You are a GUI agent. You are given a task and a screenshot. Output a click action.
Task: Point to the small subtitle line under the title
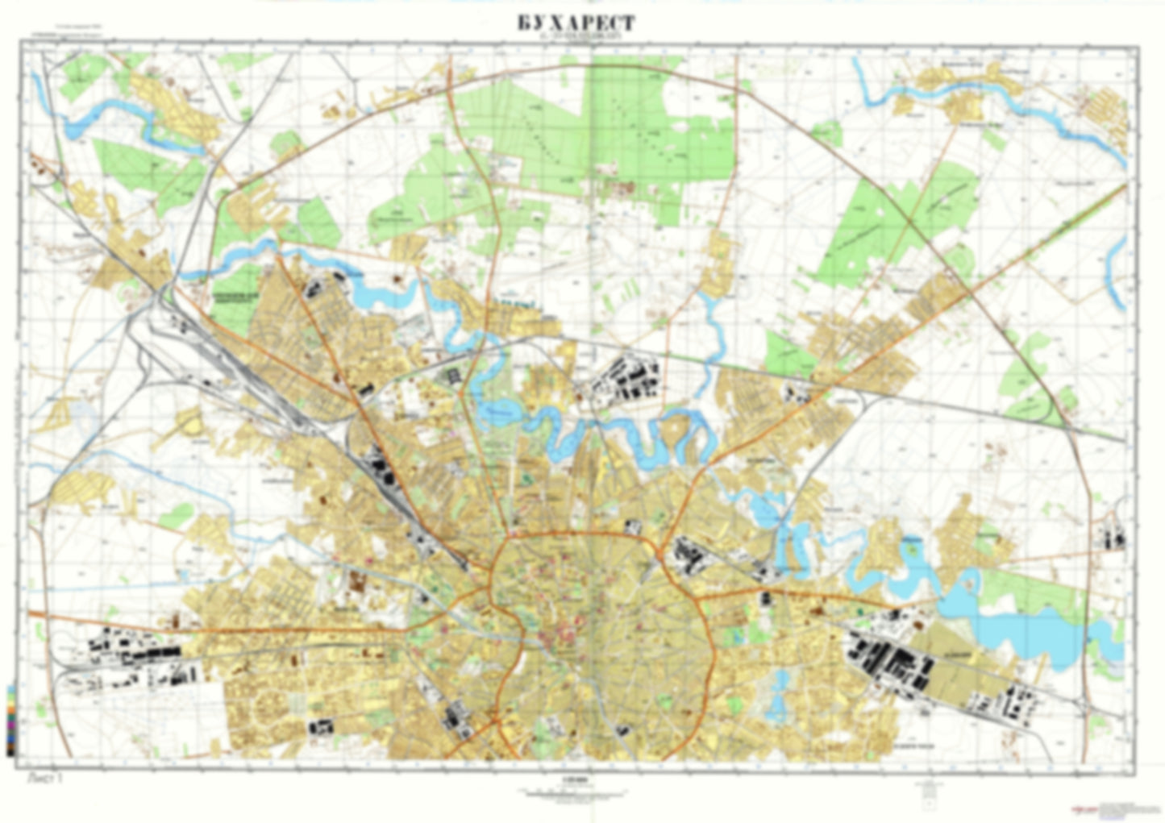click(x=576, y=38)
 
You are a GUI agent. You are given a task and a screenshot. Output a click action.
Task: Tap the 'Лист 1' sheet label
click(x=44, y=779)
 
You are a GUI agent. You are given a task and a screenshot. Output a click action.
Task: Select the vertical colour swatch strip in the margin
click(x=10, y=720)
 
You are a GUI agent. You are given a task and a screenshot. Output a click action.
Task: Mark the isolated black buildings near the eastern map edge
click(x=1117, y=537)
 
